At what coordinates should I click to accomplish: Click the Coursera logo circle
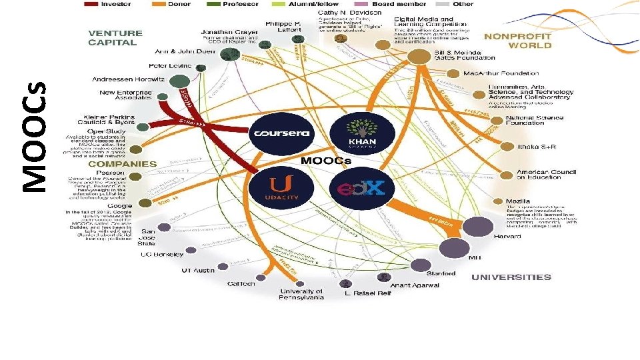coord(280,133)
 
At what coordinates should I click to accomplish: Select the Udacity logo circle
coord(278,186)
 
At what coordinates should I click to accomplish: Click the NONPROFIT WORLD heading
coord(518,41)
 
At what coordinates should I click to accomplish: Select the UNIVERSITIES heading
coord(511,277)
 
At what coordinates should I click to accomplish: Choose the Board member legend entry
coord(399,4)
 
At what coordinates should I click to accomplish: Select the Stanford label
coord(441,273)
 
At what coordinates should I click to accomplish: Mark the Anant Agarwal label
coord(414,285)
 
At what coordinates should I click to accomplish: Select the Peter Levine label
coord(169,66)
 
